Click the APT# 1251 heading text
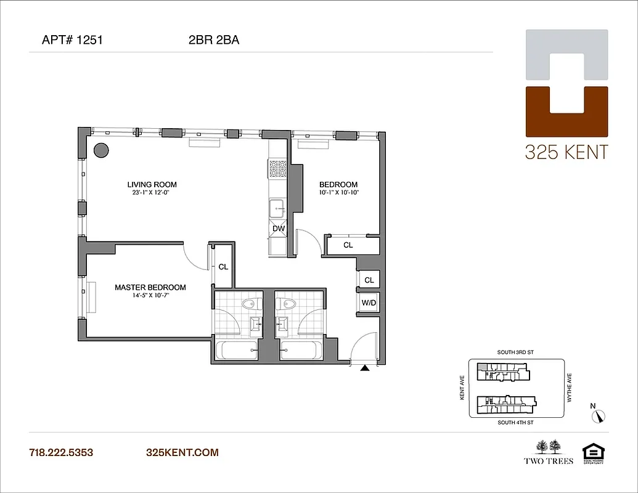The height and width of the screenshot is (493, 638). point(72,41)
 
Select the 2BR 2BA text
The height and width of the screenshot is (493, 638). point(214,41)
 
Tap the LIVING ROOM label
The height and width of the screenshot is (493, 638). point(152,184)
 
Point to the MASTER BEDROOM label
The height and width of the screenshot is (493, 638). point(150,287)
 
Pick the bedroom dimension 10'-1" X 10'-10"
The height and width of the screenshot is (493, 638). point(338,192)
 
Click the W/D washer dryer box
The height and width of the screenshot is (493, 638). point(369,303)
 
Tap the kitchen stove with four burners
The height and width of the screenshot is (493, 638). point(277,168)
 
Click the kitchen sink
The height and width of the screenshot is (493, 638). point(277,208)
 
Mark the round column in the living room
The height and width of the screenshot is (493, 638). point(101,150)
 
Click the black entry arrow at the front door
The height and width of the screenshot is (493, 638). point(365,369)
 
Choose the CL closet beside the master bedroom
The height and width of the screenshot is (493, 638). point(223,267)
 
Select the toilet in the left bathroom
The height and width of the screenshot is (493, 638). point(250,304)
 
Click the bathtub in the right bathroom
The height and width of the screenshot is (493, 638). point(299,351)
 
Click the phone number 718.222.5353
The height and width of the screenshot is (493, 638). point(61,453)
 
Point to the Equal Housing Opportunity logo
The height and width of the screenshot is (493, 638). point(592,452)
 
